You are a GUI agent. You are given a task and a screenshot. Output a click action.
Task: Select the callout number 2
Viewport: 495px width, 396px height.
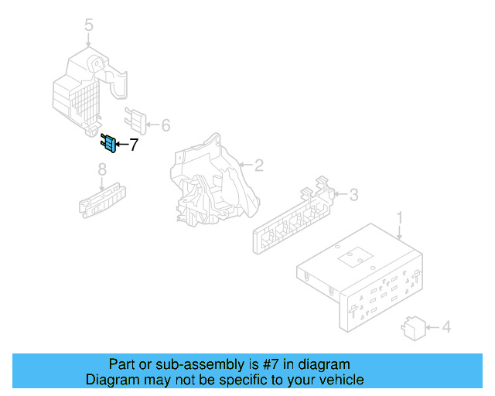(259, 165)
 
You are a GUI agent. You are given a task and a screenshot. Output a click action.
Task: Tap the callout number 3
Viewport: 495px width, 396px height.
(353, 195)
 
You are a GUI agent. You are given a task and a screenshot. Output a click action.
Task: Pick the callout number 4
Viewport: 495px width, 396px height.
(445, 328)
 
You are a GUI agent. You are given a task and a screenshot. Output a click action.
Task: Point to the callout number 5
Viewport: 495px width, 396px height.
(88, 26)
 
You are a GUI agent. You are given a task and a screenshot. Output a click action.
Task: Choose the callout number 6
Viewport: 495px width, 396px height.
(165, 125)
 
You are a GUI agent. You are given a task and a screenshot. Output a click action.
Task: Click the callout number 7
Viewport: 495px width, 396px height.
(133, 145)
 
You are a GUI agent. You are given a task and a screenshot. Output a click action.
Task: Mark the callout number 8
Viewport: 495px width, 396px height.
(101, 169)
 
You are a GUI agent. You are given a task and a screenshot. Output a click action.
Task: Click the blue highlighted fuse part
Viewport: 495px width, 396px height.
(109, 143)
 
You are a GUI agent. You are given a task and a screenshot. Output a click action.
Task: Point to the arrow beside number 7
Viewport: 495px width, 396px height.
(121, 145)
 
